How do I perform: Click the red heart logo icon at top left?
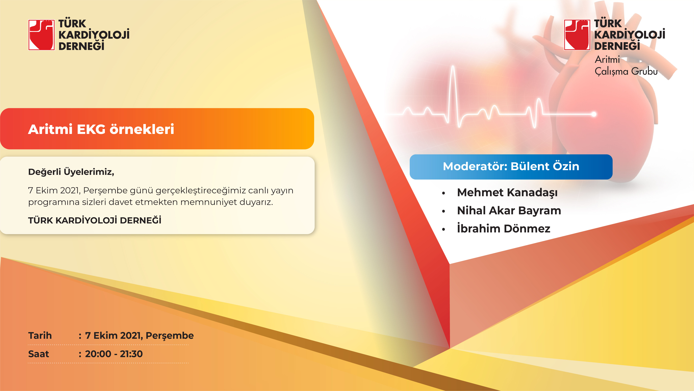click(x=42, y=35)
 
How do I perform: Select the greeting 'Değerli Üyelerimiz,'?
click(x=71, y=172)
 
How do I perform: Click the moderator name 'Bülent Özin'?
click(x=545, y=166)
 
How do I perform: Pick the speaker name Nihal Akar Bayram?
click(x=509, y=210)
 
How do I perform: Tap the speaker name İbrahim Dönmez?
click(x=504, y=228)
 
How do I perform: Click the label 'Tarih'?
click(x=40, y=335)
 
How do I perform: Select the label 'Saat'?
click(x=39, y=354)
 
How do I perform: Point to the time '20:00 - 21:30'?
click(x=114, y=354)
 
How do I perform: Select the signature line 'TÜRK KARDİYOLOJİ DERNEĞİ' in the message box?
click(x=95, y=220)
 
